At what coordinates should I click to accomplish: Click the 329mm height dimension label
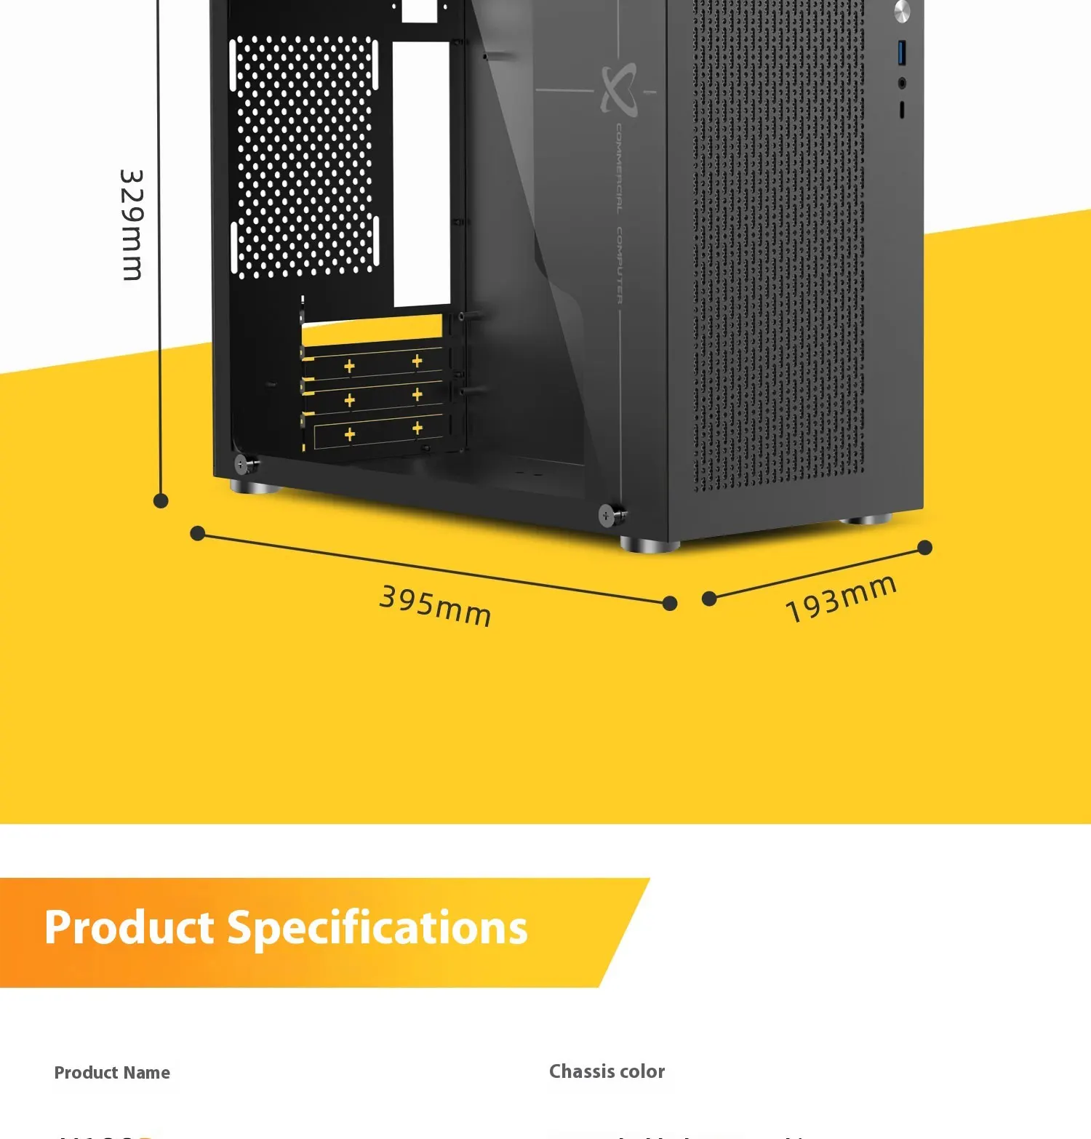132,225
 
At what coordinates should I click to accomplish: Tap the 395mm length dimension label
435,606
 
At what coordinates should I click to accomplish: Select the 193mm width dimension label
840,599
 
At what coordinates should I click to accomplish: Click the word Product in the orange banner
129,928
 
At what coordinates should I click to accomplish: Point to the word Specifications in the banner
377,929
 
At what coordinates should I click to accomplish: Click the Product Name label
112,1073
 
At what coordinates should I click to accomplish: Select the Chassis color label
607,1071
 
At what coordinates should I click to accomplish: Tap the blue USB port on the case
903,52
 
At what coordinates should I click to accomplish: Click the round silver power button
902,11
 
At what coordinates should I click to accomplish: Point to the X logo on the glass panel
618,89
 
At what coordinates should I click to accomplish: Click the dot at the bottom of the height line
161,500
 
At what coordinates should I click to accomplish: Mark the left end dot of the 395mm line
197,534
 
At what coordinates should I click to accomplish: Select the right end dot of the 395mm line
670,603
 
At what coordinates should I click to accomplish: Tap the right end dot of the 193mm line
924,548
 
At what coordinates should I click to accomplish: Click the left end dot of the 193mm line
709,599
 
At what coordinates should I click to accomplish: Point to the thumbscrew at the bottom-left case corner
242,463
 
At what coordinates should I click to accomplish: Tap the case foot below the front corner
649,544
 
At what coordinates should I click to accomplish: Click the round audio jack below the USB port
902,83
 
